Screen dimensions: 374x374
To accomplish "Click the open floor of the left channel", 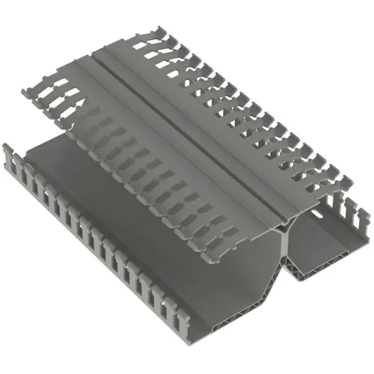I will (112, 217).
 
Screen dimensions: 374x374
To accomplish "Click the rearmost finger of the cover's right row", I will (153, 34).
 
